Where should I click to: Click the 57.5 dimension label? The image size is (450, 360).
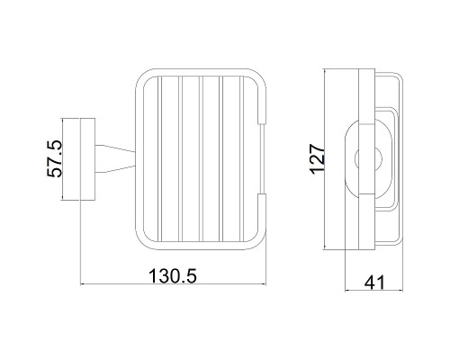(x=54, y=158)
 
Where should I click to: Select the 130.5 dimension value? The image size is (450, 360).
(x=173, y=276)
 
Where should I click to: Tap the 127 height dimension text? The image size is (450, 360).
(x=318, y=159)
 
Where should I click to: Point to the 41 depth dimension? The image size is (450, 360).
(x=374, y=283)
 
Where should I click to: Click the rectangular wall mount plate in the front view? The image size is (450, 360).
(x=87, y=159)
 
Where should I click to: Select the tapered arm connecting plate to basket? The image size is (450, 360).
(x=115, y=159)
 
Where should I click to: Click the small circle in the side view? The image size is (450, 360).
(x=368, y=158)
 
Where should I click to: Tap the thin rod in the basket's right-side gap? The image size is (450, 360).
(x=263, y=158)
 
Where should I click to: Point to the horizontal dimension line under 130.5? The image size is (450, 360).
(x=173, y=284)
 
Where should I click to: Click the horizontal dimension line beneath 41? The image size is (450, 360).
(x=373, y=291)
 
